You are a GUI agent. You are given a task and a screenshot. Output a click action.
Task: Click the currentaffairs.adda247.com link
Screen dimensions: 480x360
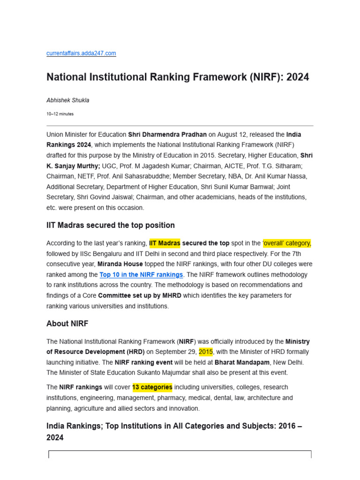[81, 53]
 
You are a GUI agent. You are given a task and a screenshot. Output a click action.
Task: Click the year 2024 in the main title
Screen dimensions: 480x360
[297, 77]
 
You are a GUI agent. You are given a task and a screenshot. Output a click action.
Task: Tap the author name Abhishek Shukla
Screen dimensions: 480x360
[67, 100]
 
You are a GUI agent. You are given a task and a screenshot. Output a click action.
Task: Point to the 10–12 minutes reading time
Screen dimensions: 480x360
[60, 114]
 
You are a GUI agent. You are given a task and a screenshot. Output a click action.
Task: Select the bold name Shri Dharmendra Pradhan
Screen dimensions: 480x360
[167, 135]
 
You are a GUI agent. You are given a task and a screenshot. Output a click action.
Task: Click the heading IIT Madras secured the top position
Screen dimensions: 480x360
[111, 225]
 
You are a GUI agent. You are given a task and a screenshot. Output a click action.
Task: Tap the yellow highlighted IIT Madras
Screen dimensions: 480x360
[165, 243]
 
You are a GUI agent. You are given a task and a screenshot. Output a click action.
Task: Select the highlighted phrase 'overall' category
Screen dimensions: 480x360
[287, 243]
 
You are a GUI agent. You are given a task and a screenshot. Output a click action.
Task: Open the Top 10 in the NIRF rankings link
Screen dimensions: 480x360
[141, 275]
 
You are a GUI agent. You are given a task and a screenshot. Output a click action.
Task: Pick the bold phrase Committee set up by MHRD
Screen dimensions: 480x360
[140, 296]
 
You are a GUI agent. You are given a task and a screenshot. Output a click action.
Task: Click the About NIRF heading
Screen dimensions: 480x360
[67, 324]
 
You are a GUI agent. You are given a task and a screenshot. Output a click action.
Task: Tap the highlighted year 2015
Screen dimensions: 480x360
[206, 352]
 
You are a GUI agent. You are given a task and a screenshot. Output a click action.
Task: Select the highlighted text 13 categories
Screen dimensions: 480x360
[152, 387]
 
